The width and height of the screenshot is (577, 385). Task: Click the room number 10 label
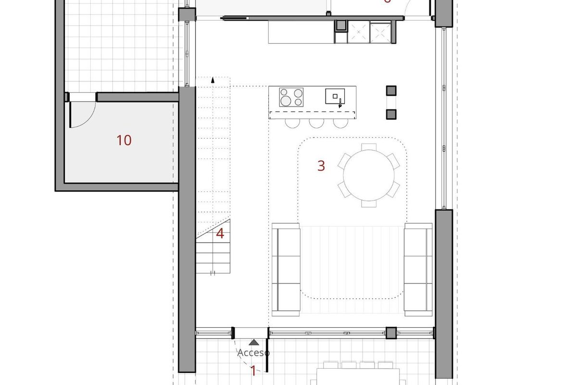pos(124,141)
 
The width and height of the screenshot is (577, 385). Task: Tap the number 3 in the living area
pos(321,166)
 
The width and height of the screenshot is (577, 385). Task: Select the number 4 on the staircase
pos(220,234)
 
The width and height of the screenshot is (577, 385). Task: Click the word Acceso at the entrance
pos(253,353)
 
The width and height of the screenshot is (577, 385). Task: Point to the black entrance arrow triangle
pos(254,343)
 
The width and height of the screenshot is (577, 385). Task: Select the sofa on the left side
pos(286,269)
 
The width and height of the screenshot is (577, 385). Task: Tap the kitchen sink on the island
pos(335,96)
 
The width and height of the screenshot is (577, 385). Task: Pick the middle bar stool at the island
pos(316,123)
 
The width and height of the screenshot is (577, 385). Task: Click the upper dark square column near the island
pos(391,90)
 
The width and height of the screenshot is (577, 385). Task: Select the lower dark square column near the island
pos(391,114)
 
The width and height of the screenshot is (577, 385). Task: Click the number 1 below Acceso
pos(253,371)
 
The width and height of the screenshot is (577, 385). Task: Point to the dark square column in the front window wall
pos(391,333)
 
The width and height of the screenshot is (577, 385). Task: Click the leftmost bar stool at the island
pos(292,123)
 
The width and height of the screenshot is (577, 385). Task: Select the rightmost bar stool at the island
pos(340,123)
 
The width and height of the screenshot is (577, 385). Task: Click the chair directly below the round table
pos(368,203)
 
